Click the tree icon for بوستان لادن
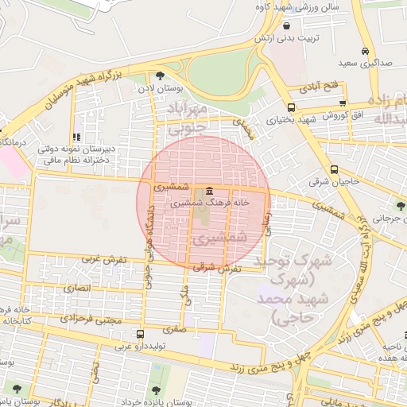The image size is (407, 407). click(x=161, y=76)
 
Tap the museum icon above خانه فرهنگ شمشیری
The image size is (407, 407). click(x=208, y=192)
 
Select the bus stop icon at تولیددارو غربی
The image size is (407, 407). click(x=140, y=334)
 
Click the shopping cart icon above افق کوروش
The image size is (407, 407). click(x=342, y=103)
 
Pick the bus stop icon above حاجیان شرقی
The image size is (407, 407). click(x=335, y=169)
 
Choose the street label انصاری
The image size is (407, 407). click(x=77, y=286)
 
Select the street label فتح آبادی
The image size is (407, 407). click(x=324, y=84)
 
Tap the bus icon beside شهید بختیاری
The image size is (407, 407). click(x=291, y=107)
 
